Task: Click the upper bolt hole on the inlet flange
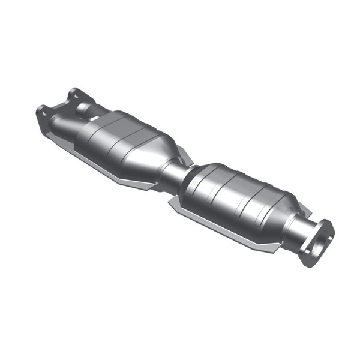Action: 74,94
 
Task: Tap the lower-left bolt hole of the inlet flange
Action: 42,110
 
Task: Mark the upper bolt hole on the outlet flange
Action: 328,225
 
